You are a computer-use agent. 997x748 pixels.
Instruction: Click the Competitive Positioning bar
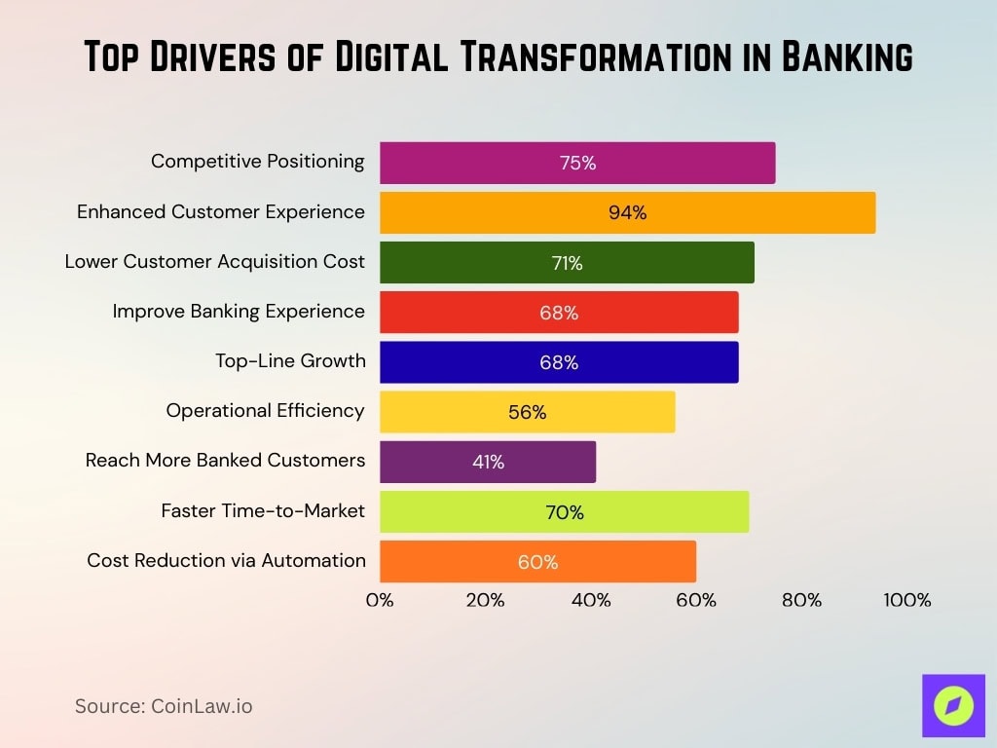(577, 163)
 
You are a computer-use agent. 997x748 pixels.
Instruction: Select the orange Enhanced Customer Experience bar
(627, 212)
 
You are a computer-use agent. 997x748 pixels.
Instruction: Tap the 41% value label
(488, 463)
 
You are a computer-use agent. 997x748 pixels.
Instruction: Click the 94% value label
(627, 213)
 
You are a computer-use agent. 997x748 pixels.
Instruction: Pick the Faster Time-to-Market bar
(564, 512)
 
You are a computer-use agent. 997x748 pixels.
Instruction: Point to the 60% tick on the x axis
(696, 600)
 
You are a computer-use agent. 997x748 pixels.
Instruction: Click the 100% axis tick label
(906, 600)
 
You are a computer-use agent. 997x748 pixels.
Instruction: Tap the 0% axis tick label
(380, 600)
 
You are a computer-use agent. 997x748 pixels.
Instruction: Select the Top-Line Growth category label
(290, 361)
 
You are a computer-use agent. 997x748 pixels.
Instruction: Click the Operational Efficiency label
(265, 411)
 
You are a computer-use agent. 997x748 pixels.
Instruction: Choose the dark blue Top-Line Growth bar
(559, 362)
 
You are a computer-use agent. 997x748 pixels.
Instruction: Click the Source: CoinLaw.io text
(164, 706)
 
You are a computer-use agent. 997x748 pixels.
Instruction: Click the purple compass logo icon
(953, 705)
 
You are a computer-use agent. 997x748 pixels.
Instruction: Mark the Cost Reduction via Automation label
(226, 561)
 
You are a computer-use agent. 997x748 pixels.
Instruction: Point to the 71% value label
(567, 263)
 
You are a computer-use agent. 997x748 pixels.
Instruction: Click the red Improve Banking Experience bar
(559, 313)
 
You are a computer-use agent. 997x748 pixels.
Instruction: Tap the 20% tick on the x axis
(485, 600)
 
